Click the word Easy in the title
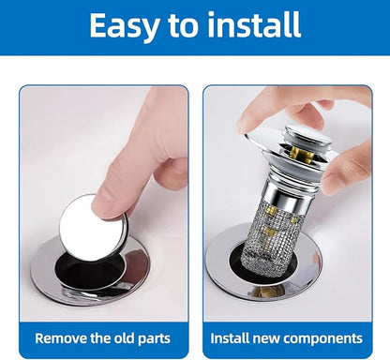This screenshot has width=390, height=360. click(x=125, y=25)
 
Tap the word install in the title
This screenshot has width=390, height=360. click(x=254, y=24)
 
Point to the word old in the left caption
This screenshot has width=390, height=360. click(x=124, y=338)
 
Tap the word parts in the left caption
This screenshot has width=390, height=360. click(x=154, y=339)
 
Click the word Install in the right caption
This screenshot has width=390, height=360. click(x=230, y=338)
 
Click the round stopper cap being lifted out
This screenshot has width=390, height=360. click(x=93, y=228)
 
